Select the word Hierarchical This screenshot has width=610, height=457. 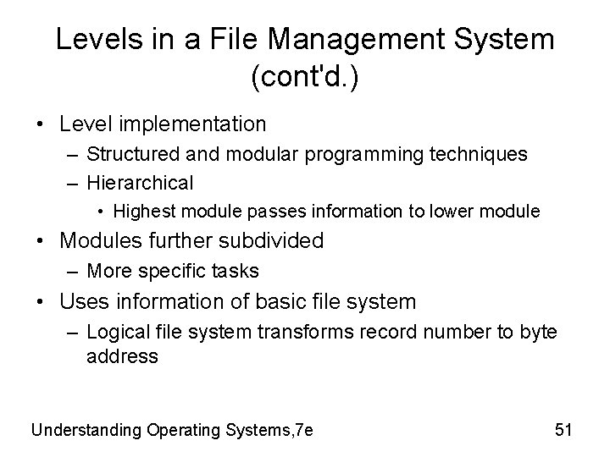[x=140, y=182]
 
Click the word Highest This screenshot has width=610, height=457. [x=143, y=210]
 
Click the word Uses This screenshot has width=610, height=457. [x=83, y=300]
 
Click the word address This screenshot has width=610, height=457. [x=122, y=357]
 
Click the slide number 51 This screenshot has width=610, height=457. [x=563, y=430]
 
